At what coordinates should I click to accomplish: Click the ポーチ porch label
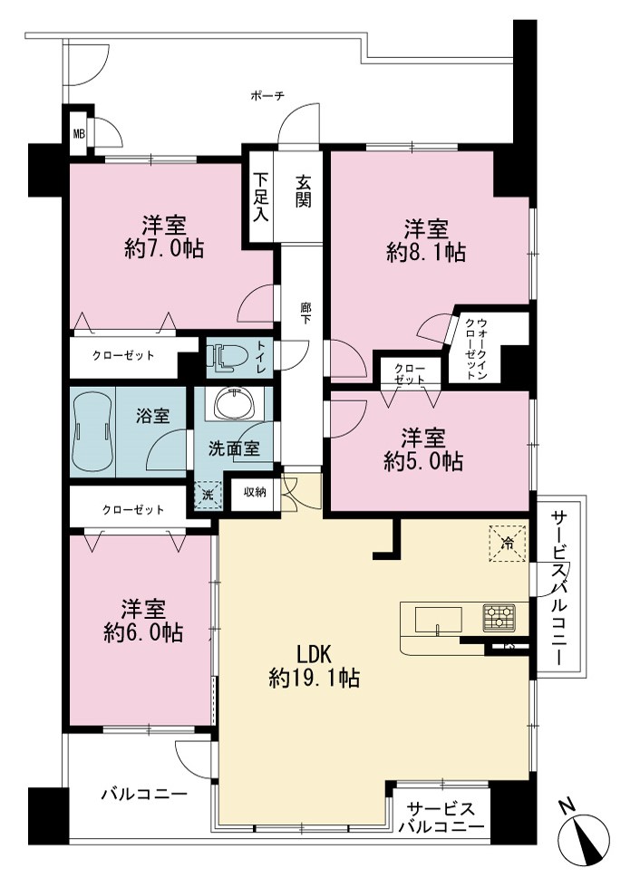coord(267,96)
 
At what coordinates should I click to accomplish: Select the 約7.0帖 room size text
coord(164,249)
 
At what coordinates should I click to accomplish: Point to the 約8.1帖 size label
coord(426,252)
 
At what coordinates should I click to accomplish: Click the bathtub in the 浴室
coord(92,431)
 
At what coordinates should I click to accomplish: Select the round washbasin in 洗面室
coord(234,403)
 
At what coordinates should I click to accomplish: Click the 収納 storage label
coord(256,492)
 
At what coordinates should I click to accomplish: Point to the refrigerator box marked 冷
coord(508,544)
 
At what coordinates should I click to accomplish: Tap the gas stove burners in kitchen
coord(499,617)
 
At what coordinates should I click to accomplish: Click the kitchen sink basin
coord(439,620)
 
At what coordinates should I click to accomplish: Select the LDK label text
coord(314,654)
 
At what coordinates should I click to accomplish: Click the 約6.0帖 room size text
coord(143,632)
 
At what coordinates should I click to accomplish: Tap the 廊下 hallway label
coord(306,314)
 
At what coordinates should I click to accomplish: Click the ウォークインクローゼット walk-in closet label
coord(476,349)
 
